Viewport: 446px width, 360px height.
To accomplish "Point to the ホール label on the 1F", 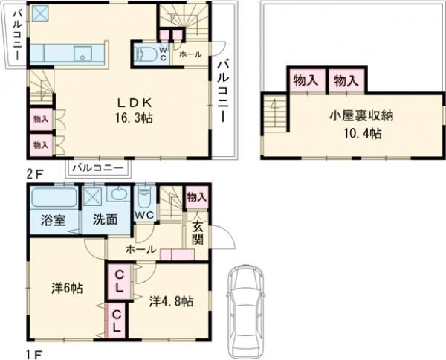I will coord(140,249).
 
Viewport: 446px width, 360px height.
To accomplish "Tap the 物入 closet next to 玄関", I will coord(196,196).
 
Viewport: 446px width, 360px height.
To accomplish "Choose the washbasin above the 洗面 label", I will coord(119,196).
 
